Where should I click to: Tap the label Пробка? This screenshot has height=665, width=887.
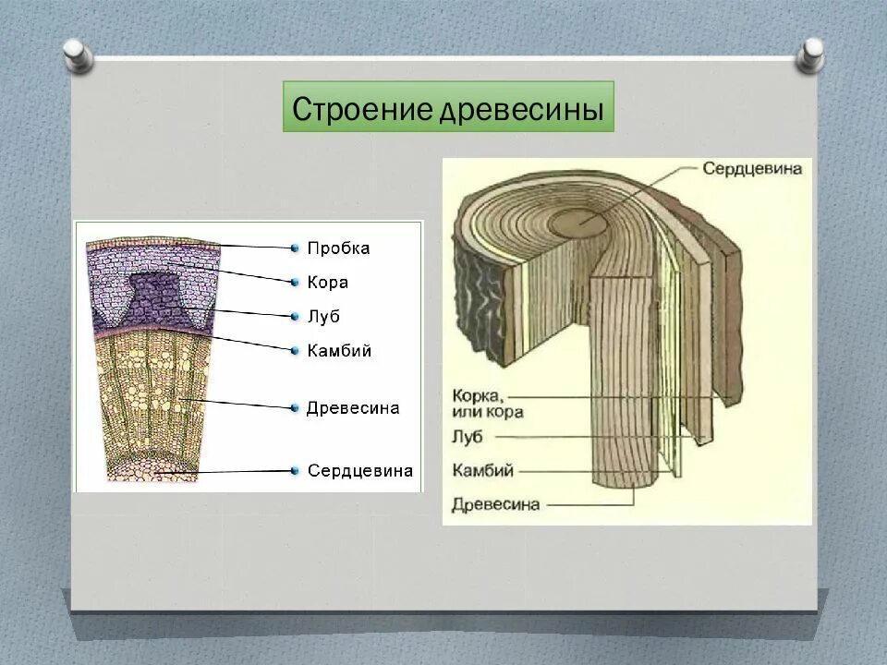(x=338, y=248)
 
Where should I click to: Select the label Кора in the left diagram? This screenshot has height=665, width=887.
(x=327, y=283)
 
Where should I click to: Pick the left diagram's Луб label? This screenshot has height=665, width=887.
(x=323, y=317)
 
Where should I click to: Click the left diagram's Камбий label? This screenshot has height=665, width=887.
(x=339, y=351)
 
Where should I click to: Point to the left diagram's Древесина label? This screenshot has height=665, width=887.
(x=352, y=408)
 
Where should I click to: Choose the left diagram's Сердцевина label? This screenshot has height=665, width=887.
(x=359, y=471)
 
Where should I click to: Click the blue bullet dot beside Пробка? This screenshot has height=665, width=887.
(x=295, y=248)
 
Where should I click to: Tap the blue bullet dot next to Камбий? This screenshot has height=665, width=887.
(x=295, y=351)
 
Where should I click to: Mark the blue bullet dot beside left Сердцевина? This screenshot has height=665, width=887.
(x=295, y=471)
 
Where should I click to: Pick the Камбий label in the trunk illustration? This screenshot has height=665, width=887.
(x=482, y=470)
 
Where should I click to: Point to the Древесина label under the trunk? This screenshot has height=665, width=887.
(x=495, y=504)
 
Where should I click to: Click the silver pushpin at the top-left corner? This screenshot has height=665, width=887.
(x=78, y=54)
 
